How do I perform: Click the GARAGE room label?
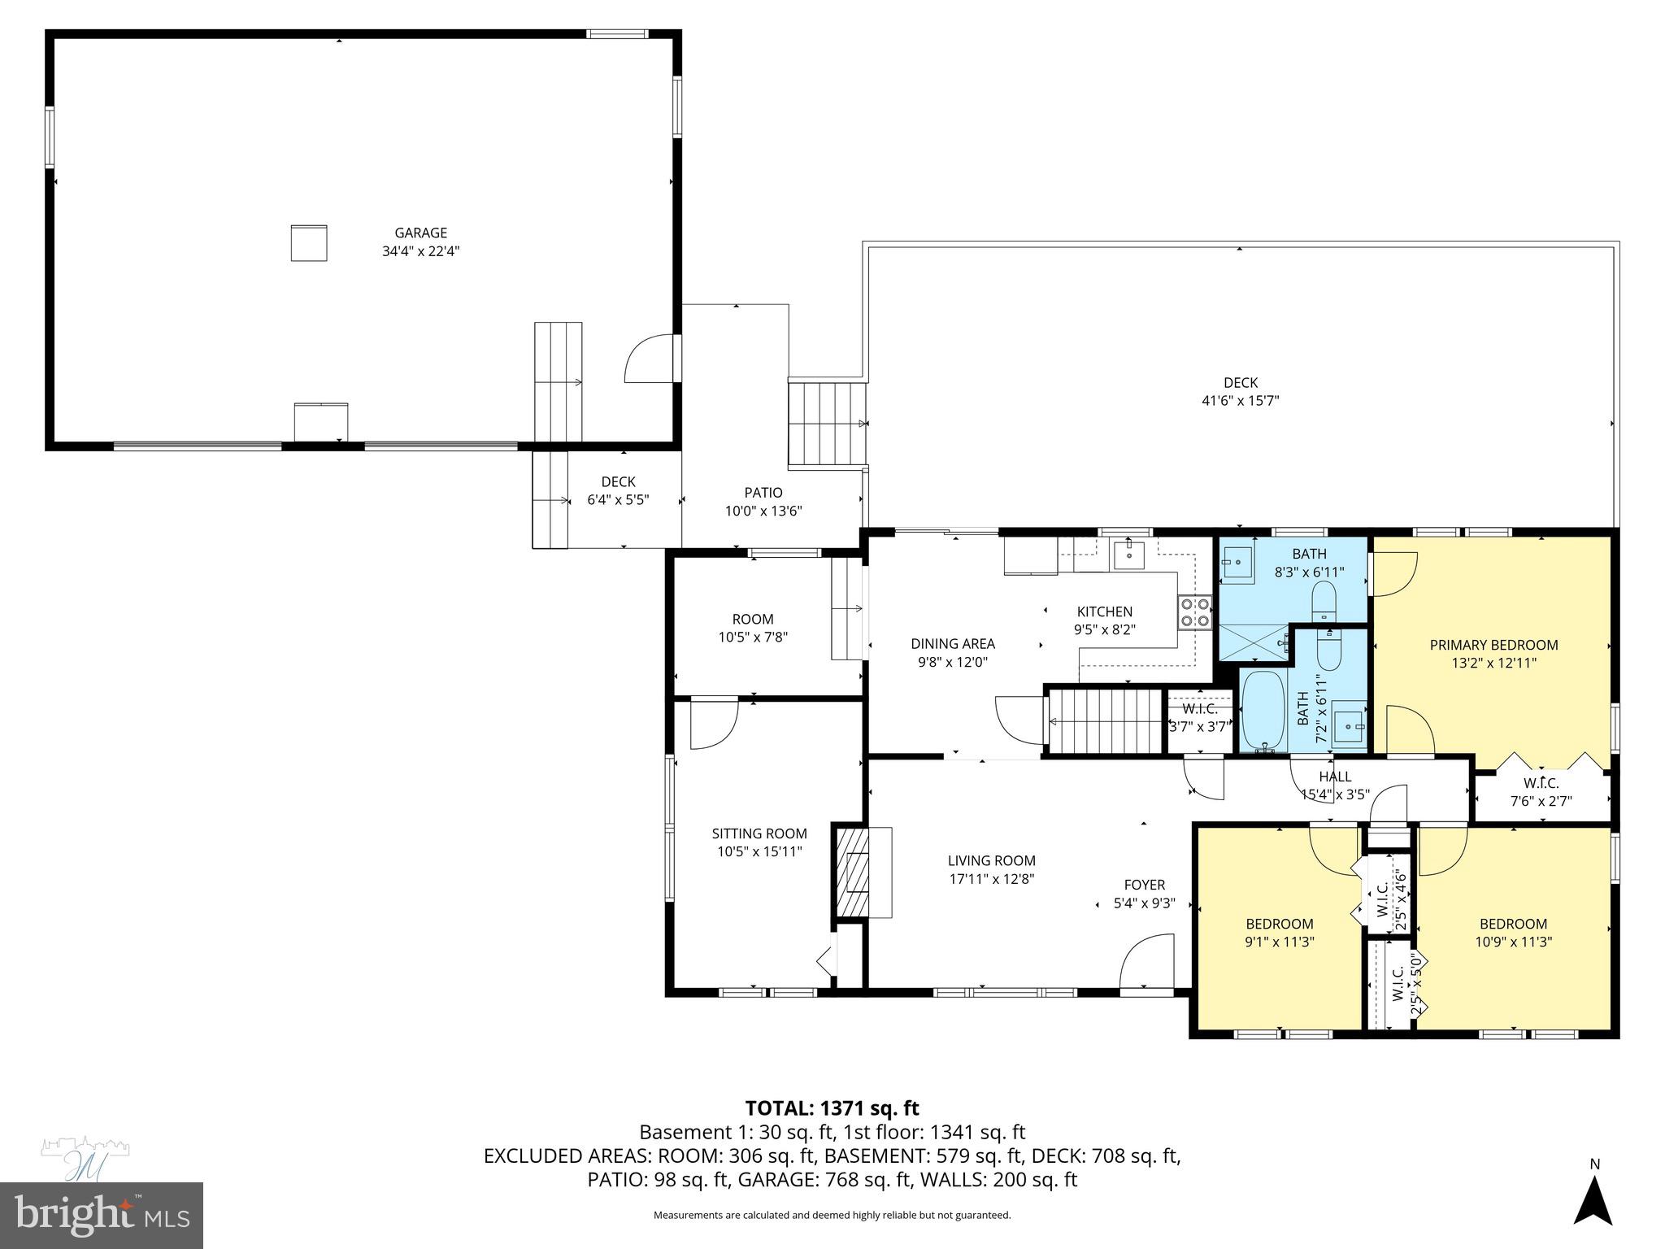(x=420, y=233)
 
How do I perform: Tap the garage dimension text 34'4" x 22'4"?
(x=420, y=251)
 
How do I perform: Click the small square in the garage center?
(x=309, y=243)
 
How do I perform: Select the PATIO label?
(x=763, y=492)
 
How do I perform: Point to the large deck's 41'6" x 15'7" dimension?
(x=1240, y=400)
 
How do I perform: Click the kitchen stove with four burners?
(x=1194, y=612)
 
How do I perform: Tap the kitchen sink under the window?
(x=1129, y=556)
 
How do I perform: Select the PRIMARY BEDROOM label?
(x=1493, y=645)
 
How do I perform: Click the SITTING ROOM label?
(x=759, y=833)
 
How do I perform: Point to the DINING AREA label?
(x=952, y=644)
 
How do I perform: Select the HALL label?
(x=1335, y=777)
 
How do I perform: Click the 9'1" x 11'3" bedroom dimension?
(x=1279, y=942)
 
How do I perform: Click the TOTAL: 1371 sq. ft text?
(x=832, y=1108)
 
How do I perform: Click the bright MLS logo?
(x=102, y=1215)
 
